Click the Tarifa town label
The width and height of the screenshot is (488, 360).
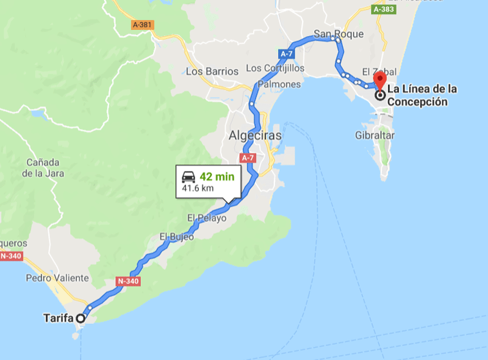(x=59, y=318)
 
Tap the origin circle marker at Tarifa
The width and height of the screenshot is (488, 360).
(x=81, y=318)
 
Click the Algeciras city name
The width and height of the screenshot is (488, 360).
(x=255, y=135)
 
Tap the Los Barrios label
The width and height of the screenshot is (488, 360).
(x=212, y=71)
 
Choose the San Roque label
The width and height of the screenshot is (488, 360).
(x=339, y=34)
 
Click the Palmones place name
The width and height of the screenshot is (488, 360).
(x=279, y=84)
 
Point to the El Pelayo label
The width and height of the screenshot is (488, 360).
(x=207, y=218)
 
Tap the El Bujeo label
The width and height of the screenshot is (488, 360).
(x=177, y=236)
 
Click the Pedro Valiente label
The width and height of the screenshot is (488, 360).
(x=57, y=278)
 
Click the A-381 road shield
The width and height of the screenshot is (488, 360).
(x=143, y=25)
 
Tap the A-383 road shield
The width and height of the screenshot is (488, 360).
(x=383, y=9)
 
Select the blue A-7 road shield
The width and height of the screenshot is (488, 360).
(x=287, y=54)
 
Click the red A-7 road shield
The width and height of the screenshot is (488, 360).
(x=248, y=158)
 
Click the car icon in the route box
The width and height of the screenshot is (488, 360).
(x=188, y=177)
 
